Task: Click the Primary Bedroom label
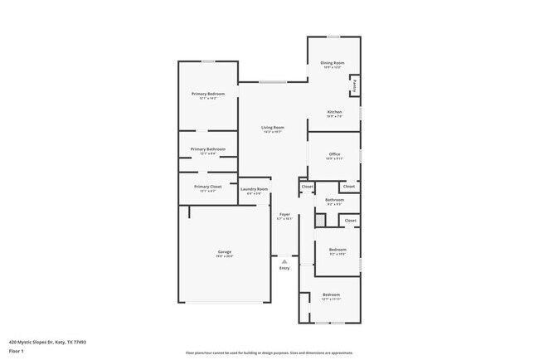pyautogui.click(x=208, y=94)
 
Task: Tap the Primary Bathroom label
pyautogui.click(x=208, y=148)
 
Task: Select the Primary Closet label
pyautogui.click(x=208, y=187)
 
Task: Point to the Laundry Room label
pyautogui.click(x=255, y=189)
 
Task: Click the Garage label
pyautogui.click(x=225, y=251)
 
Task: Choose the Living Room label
pyautogui.click(x=274, y=127)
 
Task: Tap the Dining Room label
pyautogui.click(x=333, y=63)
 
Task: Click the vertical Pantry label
pyautogui.click(x=354, y=85)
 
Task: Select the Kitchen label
pyautogui.click(x=334, y=112)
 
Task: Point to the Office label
pyautogui.click(x=335, y=154)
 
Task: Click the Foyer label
pyautogui.click(x=284, y=214)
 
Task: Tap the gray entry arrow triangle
pyautogui.click(x=284, y=260)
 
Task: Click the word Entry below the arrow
pyautogui.click(x=284, y=268)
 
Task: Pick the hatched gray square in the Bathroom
pyautogui.click(x=320, y=219)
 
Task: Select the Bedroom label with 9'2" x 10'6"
pyautogui.click(x=337, y=250)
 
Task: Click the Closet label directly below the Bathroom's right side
pyautogui.click(x=350, y=221)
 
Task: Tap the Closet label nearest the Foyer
pyautogui.click(x=307, y=187)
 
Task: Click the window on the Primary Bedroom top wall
pyautogui.click(x=209, y=61)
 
